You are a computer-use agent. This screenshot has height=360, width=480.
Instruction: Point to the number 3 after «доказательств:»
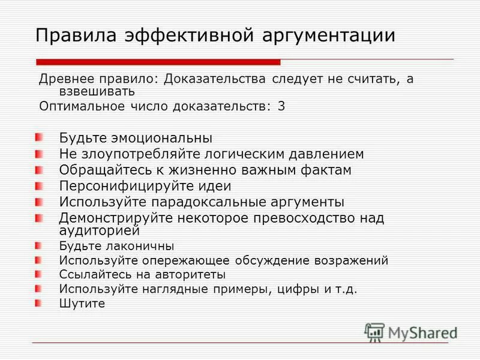point(281,106)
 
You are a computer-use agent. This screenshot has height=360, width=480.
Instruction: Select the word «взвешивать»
point(96,92)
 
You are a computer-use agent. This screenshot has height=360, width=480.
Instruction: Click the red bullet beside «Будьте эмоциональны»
point(39,137)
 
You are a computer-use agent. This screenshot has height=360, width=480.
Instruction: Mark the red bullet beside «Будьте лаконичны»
point(39,245)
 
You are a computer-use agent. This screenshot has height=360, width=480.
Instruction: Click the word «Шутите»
point(82,304)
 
